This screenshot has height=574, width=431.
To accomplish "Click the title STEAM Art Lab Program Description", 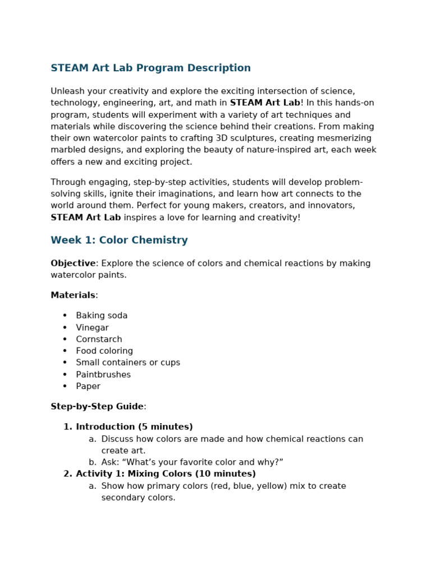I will click(x=150, y=68).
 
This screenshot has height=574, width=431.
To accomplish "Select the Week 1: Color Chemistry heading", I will click(x=119, y=240).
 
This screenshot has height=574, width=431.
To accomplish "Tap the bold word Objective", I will click(x=73, y=263).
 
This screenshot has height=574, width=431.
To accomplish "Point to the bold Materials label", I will click(x=73, y=295).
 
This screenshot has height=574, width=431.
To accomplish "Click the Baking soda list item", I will click(x=102, y=316).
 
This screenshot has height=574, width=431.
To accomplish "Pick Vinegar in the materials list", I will click(x=92, y=328).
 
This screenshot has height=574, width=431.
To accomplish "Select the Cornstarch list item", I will click(x=99, y=340).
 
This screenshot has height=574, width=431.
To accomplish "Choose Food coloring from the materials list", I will click(x=104, y=351).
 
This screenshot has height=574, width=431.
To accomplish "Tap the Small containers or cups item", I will click(x=128, y=363).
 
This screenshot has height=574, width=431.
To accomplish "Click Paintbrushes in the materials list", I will click(x=103, y=375).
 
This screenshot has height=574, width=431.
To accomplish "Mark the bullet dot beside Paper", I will click(x=65, y=387).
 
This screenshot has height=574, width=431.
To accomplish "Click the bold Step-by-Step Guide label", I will click(x=97, y=407).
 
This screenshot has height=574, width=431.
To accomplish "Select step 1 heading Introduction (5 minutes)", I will click(x=134, y=427).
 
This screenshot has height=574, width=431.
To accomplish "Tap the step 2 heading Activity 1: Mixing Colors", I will click(x=166, y=474).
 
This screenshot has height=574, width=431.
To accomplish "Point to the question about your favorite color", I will click(x=192, y=462).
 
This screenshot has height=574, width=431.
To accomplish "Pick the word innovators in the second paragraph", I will click(x=331, y=206).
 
